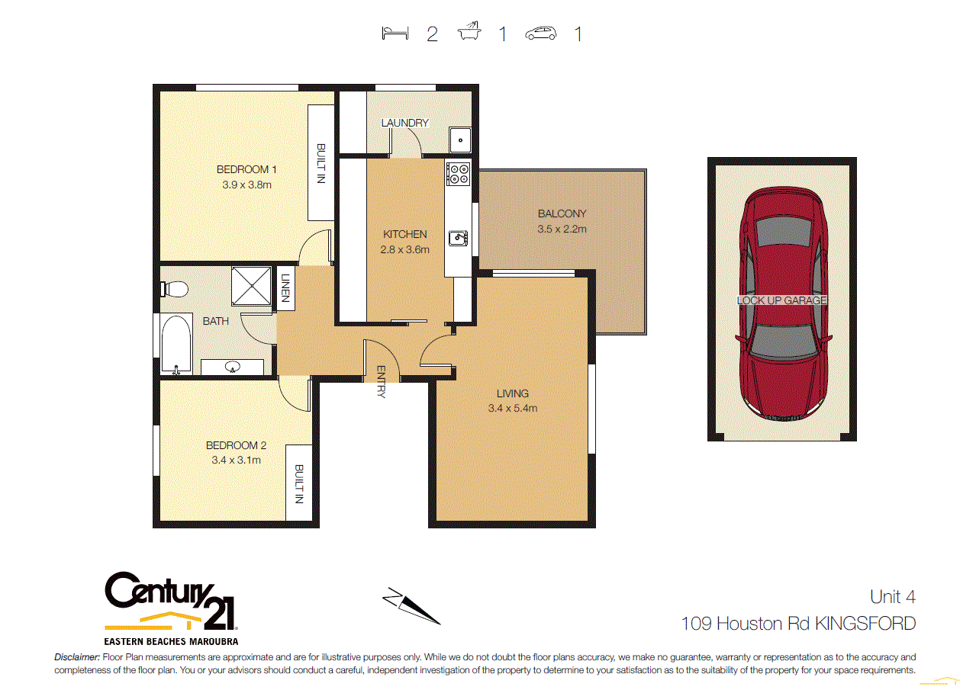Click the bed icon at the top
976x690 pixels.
click(x=394, y=34)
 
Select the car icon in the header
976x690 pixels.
click(x=541, y=34)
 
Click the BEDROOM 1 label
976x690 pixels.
click(x=246, y=169)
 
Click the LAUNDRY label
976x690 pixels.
click(x=405, y=123)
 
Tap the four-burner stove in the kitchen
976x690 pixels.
click(x=458, y=175)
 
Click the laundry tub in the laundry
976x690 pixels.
click(x=459, y=140)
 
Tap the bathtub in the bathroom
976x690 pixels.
click(x=176, y=345)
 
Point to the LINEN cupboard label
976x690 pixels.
click(x=286, y=288)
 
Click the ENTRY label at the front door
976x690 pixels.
click(x=381, y=381)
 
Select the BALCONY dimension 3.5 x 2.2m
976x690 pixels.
click(x=562, y=229)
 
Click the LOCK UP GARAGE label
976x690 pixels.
click(x=782, y=300)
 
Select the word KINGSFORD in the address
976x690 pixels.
click(x=865, y=624)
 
